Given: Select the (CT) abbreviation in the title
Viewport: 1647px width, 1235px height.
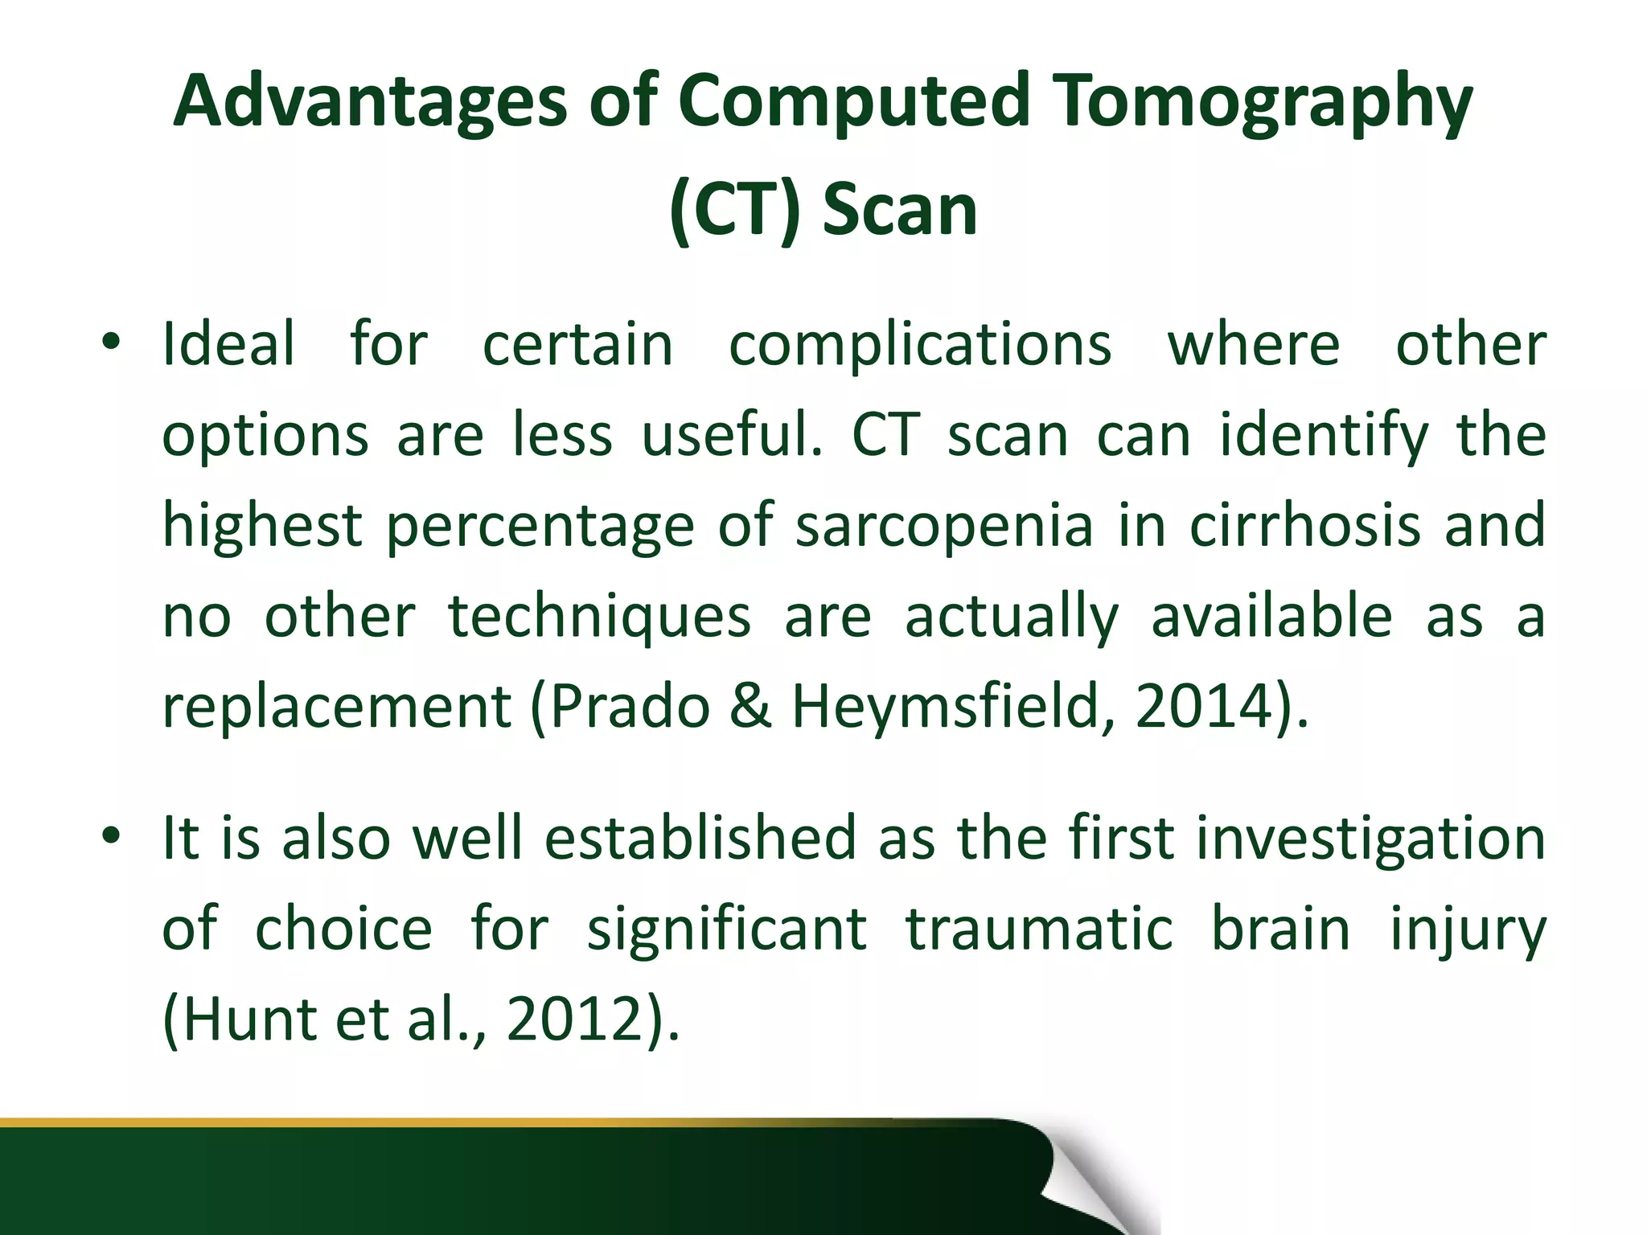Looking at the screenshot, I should coord(734,211).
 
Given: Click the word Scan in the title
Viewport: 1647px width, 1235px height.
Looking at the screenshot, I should coord(899,211).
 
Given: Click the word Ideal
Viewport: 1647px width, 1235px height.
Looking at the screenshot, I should coord(228,344).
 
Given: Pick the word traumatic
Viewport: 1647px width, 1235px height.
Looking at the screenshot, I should coord(1039,929).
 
